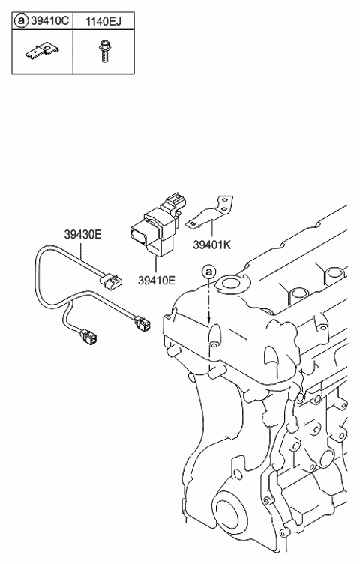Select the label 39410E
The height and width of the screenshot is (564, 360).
pyautogui.click(x=157, y=280)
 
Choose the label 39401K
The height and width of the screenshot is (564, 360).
pyautogui.click(x=212, y=243)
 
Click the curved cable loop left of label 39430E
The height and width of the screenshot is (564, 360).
pyautogui.click(x=39, y=277)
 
